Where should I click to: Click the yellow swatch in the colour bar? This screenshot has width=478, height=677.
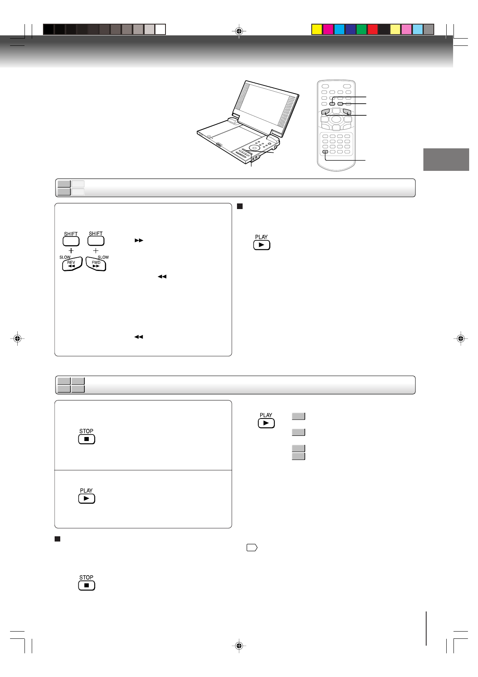317,29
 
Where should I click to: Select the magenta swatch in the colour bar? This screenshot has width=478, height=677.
328,29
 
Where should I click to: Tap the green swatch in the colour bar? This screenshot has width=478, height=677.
362,29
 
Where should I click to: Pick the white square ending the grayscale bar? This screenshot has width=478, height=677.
160,29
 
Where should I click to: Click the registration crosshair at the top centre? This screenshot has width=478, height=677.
239,31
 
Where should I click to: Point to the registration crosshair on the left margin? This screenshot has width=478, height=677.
17,339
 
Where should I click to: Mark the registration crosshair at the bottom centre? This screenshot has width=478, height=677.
239,646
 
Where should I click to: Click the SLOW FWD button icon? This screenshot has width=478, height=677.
96,264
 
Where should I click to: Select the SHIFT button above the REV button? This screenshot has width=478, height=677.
71,241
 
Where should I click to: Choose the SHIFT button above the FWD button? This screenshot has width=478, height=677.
96,241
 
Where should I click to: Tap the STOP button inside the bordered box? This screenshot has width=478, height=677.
86,439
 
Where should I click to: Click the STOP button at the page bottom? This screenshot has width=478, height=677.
86,585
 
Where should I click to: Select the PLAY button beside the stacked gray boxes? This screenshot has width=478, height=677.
266,423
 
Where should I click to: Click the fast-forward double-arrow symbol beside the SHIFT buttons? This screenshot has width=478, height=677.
139,240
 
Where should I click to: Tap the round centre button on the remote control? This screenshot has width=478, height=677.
336,119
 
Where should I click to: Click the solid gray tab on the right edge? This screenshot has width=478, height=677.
446,160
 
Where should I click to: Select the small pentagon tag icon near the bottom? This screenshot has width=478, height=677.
252,548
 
